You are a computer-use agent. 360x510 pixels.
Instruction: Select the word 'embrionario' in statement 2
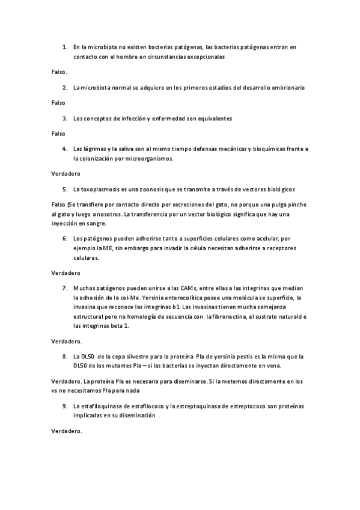coord(287,87)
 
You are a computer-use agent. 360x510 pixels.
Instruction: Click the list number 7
coord(65,287)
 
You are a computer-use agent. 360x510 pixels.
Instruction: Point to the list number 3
coord(65,118)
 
